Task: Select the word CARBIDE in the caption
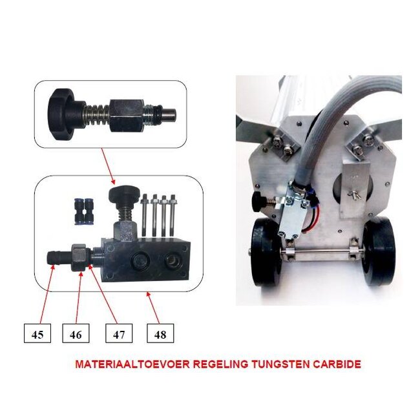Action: click(x=336, y=364)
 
